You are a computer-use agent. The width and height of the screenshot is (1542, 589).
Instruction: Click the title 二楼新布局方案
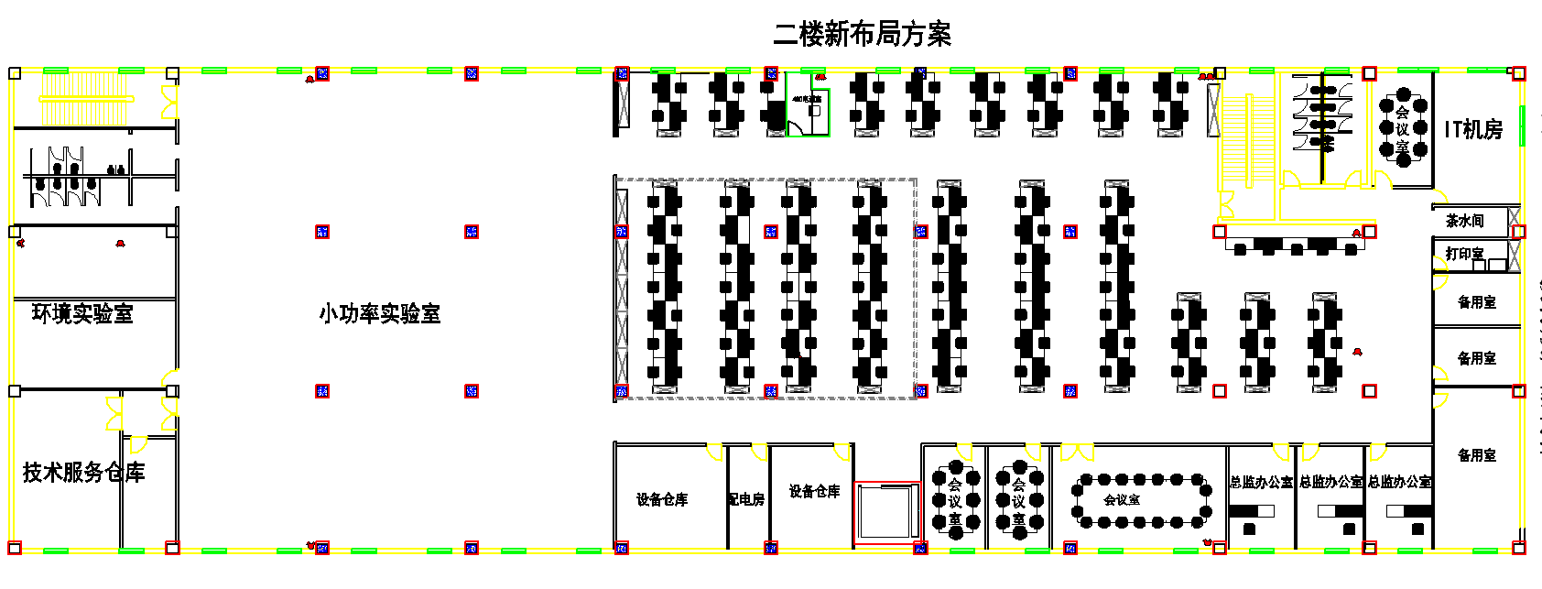click(862, 34)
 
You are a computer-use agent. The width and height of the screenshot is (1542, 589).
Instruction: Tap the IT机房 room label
click(1473, 130)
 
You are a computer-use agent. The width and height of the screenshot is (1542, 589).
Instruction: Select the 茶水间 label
click(1464, 221)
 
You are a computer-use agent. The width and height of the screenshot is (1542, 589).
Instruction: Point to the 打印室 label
click(1464, 254)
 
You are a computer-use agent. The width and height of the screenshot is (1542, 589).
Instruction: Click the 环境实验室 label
click(82, 313)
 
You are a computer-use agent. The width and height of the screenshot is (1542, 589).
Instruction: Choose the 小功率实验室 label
click(379, 313)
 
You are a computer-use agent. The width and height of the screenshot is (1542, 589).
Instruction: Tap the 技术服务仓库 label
click(83, 473)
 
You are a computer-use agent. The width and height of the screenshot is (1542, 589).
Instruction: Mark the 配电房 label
click(746, 499)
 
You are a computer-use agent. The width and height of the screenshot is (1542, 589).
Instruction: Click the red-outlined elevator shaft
click(886, 512)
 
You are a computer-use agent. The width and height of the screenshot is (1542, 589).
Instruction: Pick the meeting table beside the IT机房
click(1403, 129)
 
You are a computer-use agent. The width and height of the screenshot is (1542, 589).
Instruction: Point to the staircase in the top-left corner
click(87, 98)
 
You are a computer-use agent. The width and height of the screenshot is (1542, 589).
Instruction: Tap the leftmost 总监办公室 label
click(1261, 482)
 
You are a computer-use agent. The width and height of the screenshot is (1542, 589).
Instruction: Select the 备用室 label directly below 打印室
click(1476, 302)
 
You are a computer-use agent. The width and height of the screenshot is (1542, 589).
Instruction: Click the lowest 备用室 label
click(1476, 455)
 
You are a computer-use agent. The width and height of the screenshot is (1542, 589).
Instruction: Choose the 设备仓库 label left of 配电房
click(662, 499)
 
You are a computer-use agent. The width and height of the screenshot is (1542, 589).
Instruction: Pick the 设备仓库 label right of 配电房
click(814, 492)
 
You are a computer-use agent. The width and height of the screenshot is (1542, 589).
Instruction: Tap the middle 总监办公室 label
click(1330, 482)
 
